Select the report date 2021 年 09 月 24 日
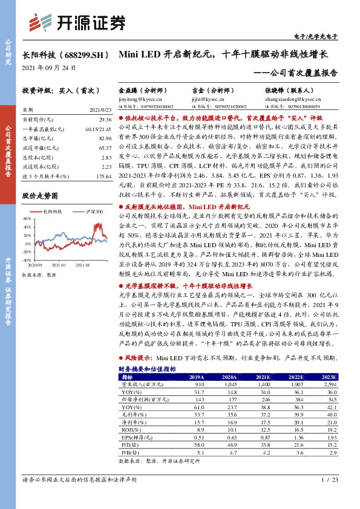pos(50,67)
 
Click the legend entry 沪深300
pos(93,212)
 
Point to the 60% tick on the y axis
pos(27,218)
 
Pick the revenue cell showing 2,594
pos(330,383)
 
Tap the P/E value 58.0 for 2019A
pos(197,443)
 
